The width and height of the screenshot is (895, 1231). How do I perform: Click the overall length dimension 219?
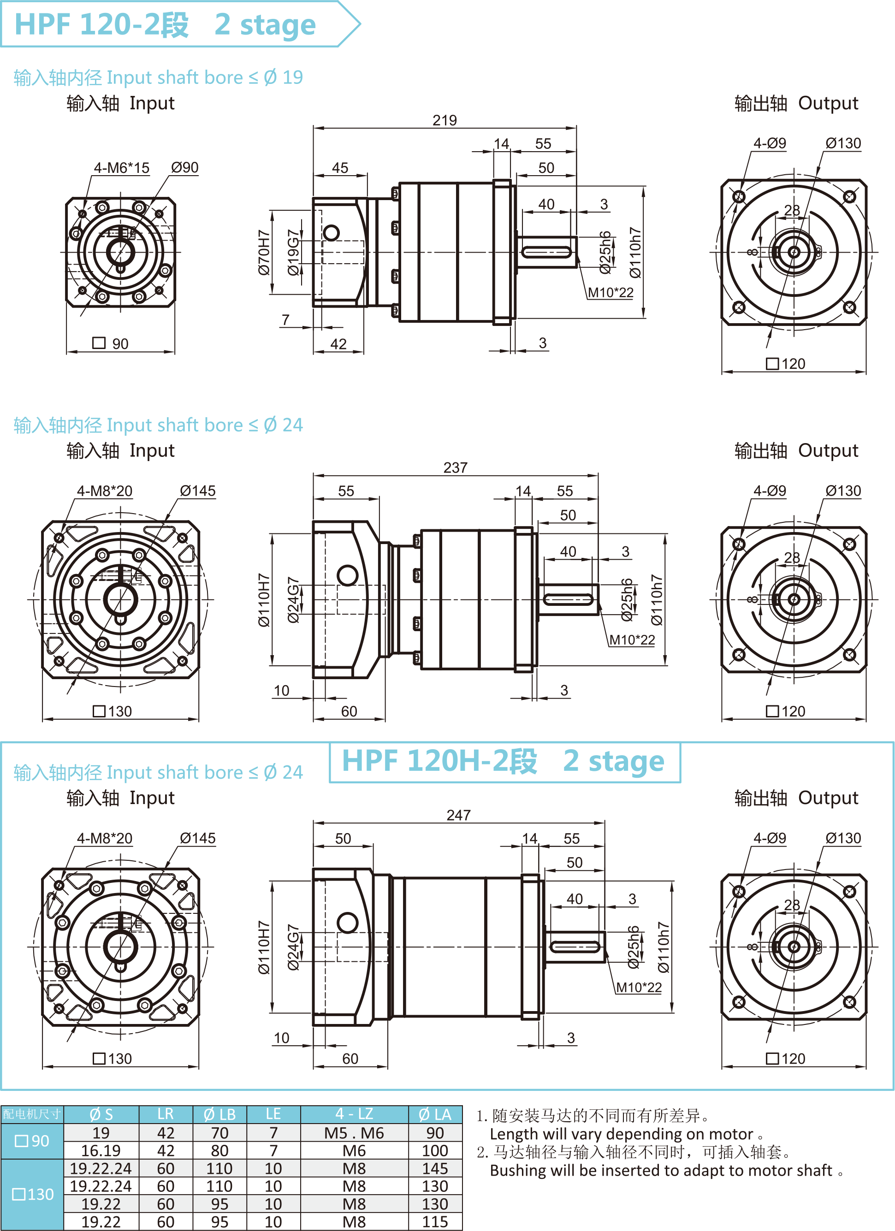coord(445,120)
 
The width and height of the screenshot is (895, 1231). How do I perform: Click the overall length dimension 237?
coord(455,468)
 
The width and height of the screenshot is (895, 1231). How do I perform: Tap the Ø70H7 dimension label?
coord(263,252)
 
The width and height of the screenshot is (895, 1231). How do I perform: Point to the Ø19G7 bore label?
coord(293,252)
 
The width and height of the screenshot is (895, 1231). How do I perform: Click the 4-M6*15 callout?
coord(122,168)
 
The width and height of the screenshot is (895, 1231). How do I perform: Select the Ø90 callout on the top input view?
coord(184,167)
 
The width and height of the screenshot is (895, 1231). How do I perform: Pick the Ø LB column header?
coord(219,1114)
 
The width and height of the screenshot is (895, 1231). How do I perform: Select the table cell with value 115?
coord(435,1222)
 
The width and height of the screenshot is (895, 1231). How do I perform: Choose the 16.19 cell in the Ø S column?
coord(101,1151)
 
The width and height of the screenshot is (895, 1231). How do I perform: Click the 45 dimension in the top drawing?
coord(340,168)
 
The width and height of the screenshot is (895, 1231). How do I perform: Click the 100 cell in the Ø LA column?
coord(435,1151)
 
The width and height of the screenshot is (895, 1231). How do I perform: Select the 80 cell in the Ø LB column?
coord(219,1151)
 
